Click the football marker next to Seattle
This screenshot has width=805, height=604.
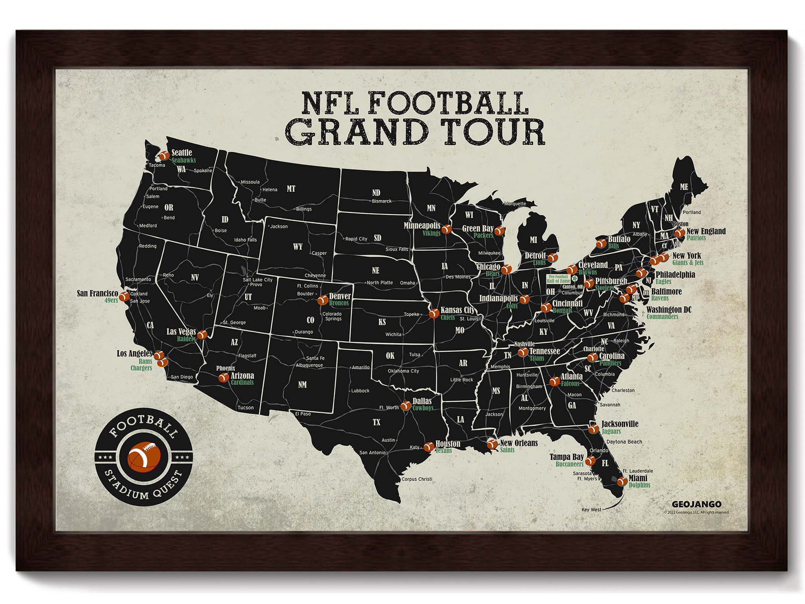pyautogui.click(x=164, y=157)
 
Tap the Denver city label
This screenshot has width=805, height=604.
pyautogui.click(x=340, y=296)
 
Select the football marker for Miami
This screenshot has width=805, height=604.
pyautogui.click(x=622, y=481)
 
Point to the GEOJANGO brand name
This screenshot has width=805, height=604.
pyautogui.click(x=696, y=504)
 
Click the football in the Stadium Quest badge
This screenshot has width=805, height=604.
pyautogui.click(x=144, y=455)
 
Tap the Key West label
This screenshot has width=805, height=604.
pyautogui.click(x=591, y=509)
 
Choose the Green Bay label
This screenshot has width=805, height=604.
pyautogui.click(x=477, y=229)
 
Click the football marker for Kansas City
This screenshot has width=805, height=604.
pyautogui.click(x=433, y=314)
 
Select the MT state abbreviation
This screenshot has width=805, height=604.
pyautogui.click(x=291, y=189)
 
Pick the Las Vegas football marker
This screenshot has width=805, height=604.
pyautogui.click(x=202, y=335)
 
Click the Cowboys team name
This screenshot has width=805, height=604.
pyautogui.click(x=423, y=408)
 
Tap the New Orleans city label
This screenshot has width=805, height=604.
pyautogui.click(x=519, y=443)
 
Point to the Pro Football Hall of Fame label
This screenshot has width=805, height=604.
pyautogui.click(x=558, y=279)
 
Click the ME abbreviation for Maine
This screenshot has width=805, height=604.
pyautogui.click(x=684, y=187)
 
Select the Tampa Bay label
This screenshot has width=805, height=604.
pyautogui.click(x=567, y=457)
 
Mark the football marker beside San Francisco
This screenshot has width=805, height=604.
pyautogui.click(x=123, y=296)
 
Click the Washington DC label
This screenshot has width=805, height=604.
pyautogui.click(x=669, y=310)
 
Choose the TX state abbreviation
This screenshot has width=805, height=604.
pyautogui.click(x=376, y=422)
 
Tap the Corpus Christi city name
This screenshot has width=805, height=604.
pyautogui.click(x=417, y=479)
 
